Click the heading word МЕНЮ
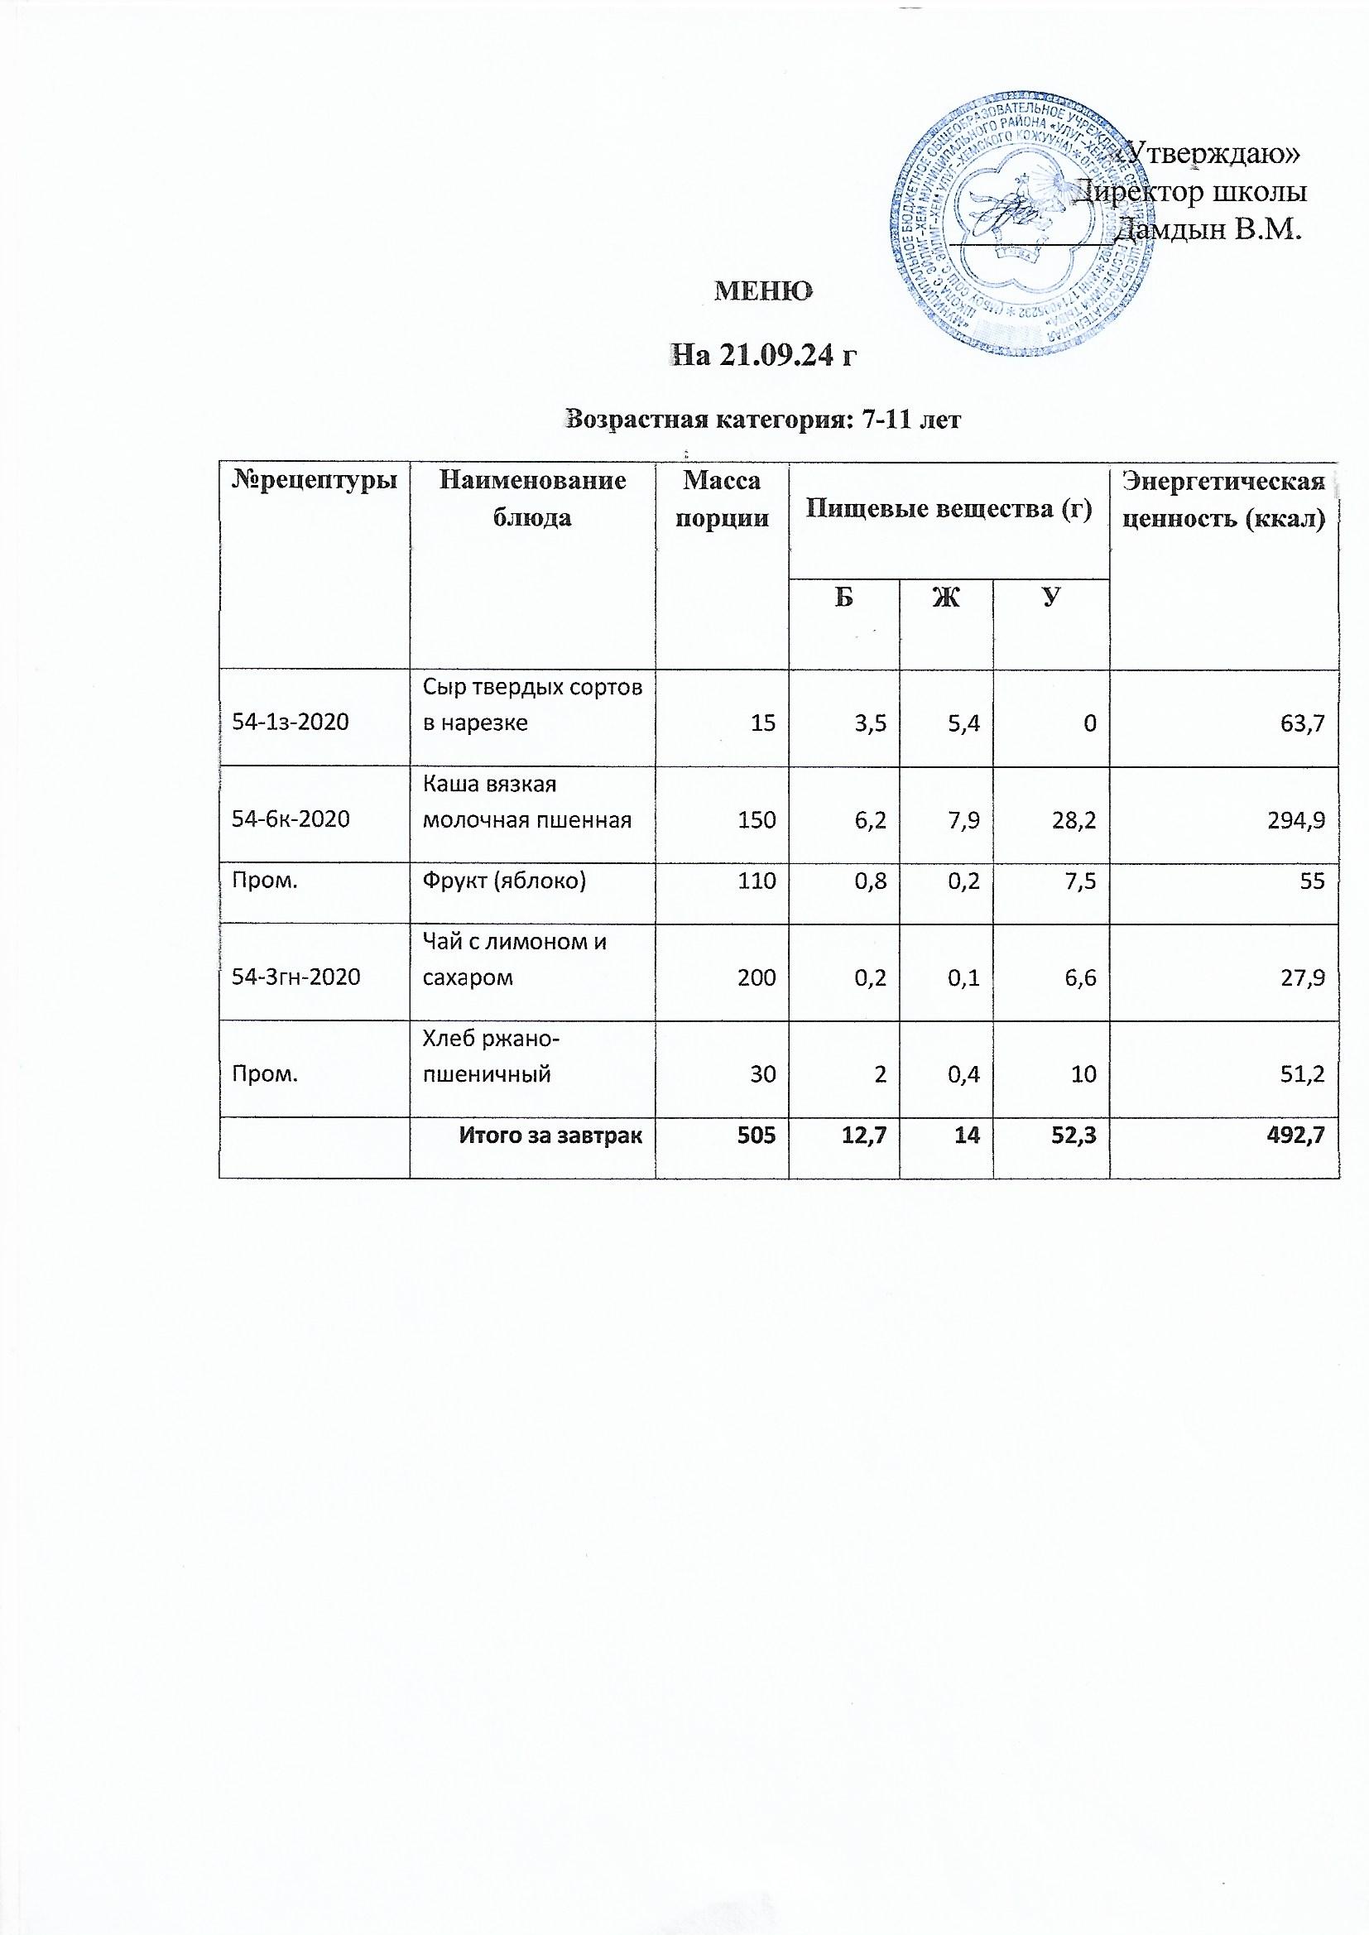click(x=763, y=291)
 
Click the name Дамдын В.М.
click(x=1207, y=229)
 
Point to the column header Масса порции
click(x=722, y=501)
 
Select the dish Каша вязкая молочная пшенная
click(x=527, y=802)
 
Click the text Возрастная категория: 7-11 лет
click(x=764, y=419)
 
